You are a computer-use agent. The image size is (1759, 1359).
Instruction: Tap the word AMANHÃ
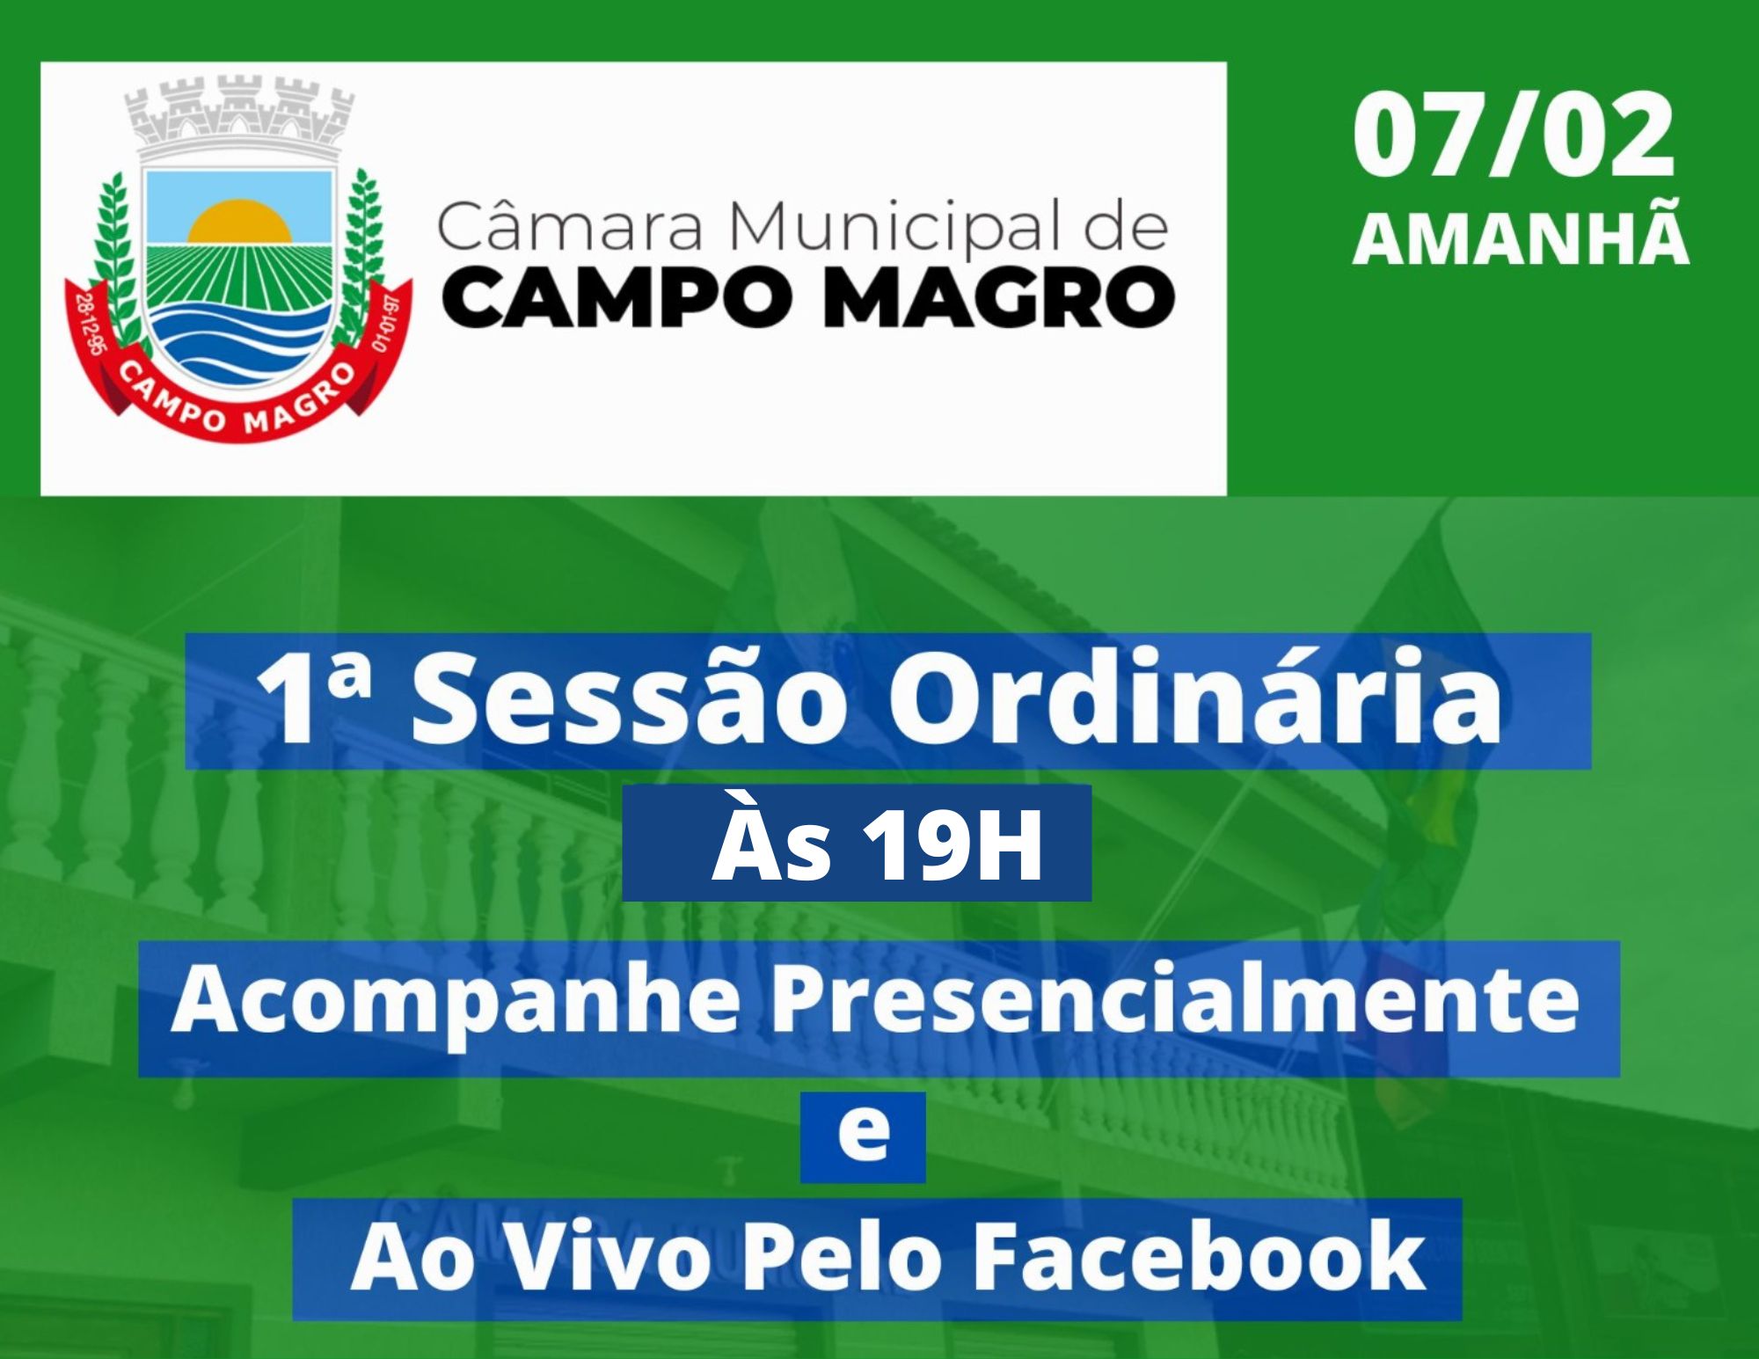(x=1521, y=239)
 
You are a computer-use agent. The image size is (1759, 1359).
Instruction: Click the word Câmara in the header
(x=569, y=226)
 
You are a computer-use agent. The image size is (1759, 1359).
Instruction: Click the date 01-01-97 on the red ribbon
(x=388, y=323)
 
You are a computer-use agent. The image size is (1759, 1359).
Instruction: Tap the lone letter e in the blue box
(x=863, y=1136)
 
